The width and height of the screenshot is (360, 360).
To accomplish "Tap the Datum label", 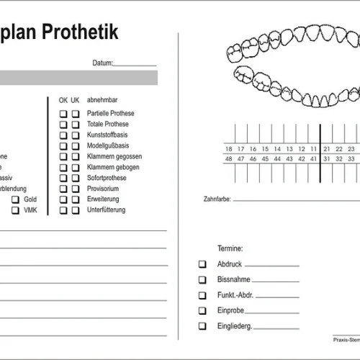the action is tap(102, 63).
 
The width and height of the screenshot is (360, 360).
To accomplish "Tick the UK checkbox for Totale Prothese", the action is tap(76, 125).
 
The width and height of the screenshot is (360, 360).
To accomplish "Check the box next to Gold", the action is tap(15, 199).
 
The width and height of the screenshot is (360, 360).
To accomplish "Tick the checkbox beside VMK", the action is tap(15, 210).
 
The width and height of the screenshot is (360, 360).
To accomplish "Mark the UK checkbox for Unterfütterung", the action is tap(76, 210).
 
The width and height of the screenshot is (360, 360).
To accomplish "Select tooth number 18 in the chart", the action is tap(229, 149).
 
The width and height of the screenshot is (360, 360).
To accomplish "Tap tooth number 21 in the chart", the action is tap(327, 149).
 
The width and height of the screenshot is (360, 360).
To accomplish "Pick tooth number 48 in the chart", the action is tap(229, 159).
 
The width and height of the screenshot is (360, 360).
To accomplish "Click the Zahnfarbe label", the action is tap(217, 199).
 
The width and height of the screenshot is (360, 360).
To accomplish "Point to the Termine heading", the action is tap(230, 247).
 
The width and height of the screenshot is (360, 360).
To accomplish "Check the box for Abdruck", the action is tap(202, 264).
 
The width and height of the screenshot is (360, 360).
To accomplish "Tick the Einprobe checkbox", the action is tap(202, 311).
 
